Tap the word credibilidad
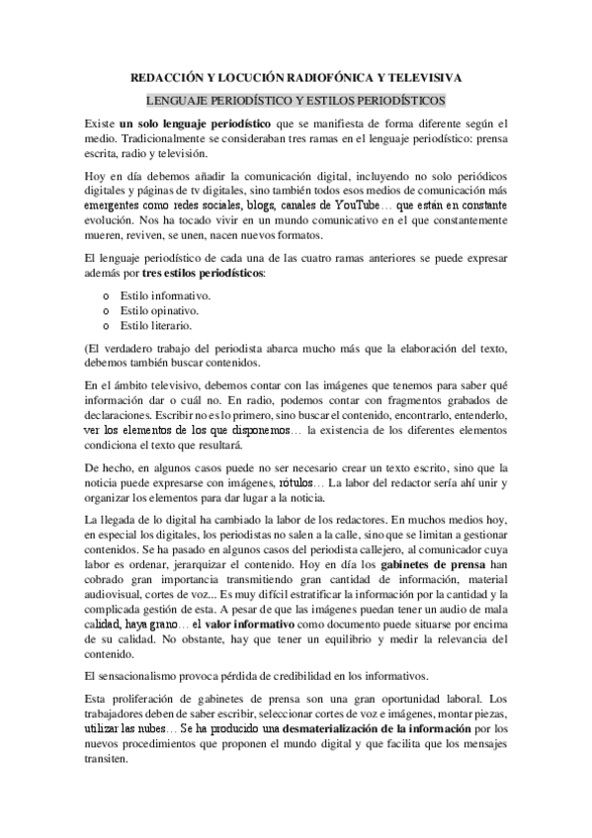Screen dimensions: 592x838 pos(308,676)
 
